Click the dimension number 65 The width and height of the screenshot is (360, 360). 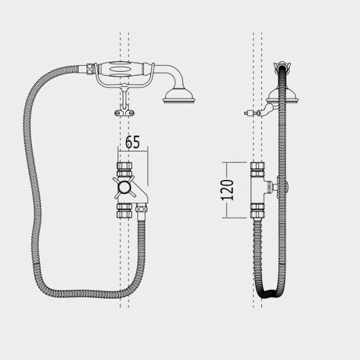133,142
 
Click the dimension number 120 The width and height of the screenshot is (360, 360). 227,190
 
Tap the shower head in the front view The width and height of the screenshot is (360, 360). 179,96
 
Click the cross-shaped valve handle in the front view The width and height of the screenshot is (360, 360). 124,187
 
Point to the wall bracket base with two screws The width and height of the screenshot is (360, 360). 124,113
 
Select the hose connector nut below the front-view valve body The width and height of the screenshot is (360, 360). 141,209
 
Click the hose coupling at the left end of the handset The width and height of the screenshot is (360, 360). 90,69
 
